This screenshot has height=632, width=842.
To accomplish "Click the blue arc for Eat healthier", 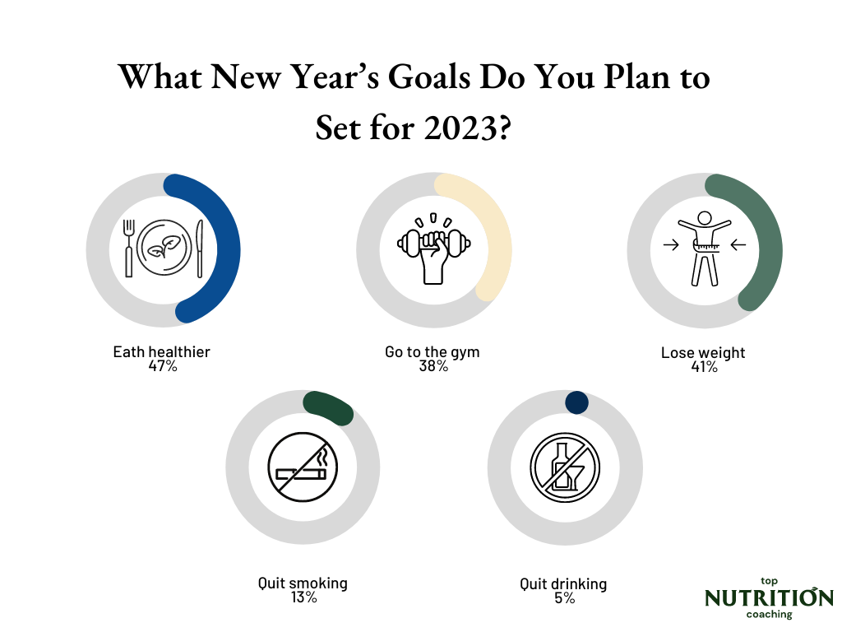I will [229, 247].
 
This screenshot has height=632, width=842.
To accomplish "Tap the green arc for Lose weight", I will [770, 247].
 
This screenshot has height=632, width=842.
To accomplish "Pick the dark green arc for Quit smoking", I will [329, 406].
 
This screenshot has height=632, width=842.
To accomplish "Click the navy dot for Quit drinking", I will [577, 402].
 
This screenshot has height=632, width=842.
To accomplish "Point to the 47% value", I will [162, 366].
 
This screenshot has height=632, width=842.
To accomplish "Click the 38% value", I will [433, 366].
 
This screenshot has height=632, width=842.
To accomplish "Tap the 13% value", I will [303, 597].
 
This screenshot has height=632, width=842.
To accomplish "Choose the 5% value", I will [564, 598].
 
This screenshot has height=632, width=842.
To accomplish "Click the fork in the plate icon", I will [128, 247].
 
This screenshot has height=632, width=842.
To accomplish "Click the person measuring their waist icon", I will [703, 248].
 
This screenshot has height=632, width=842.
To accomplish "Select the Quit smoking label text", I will [303, 583].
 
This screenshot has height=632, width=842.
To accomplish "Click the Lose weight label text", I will [703, 353].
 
